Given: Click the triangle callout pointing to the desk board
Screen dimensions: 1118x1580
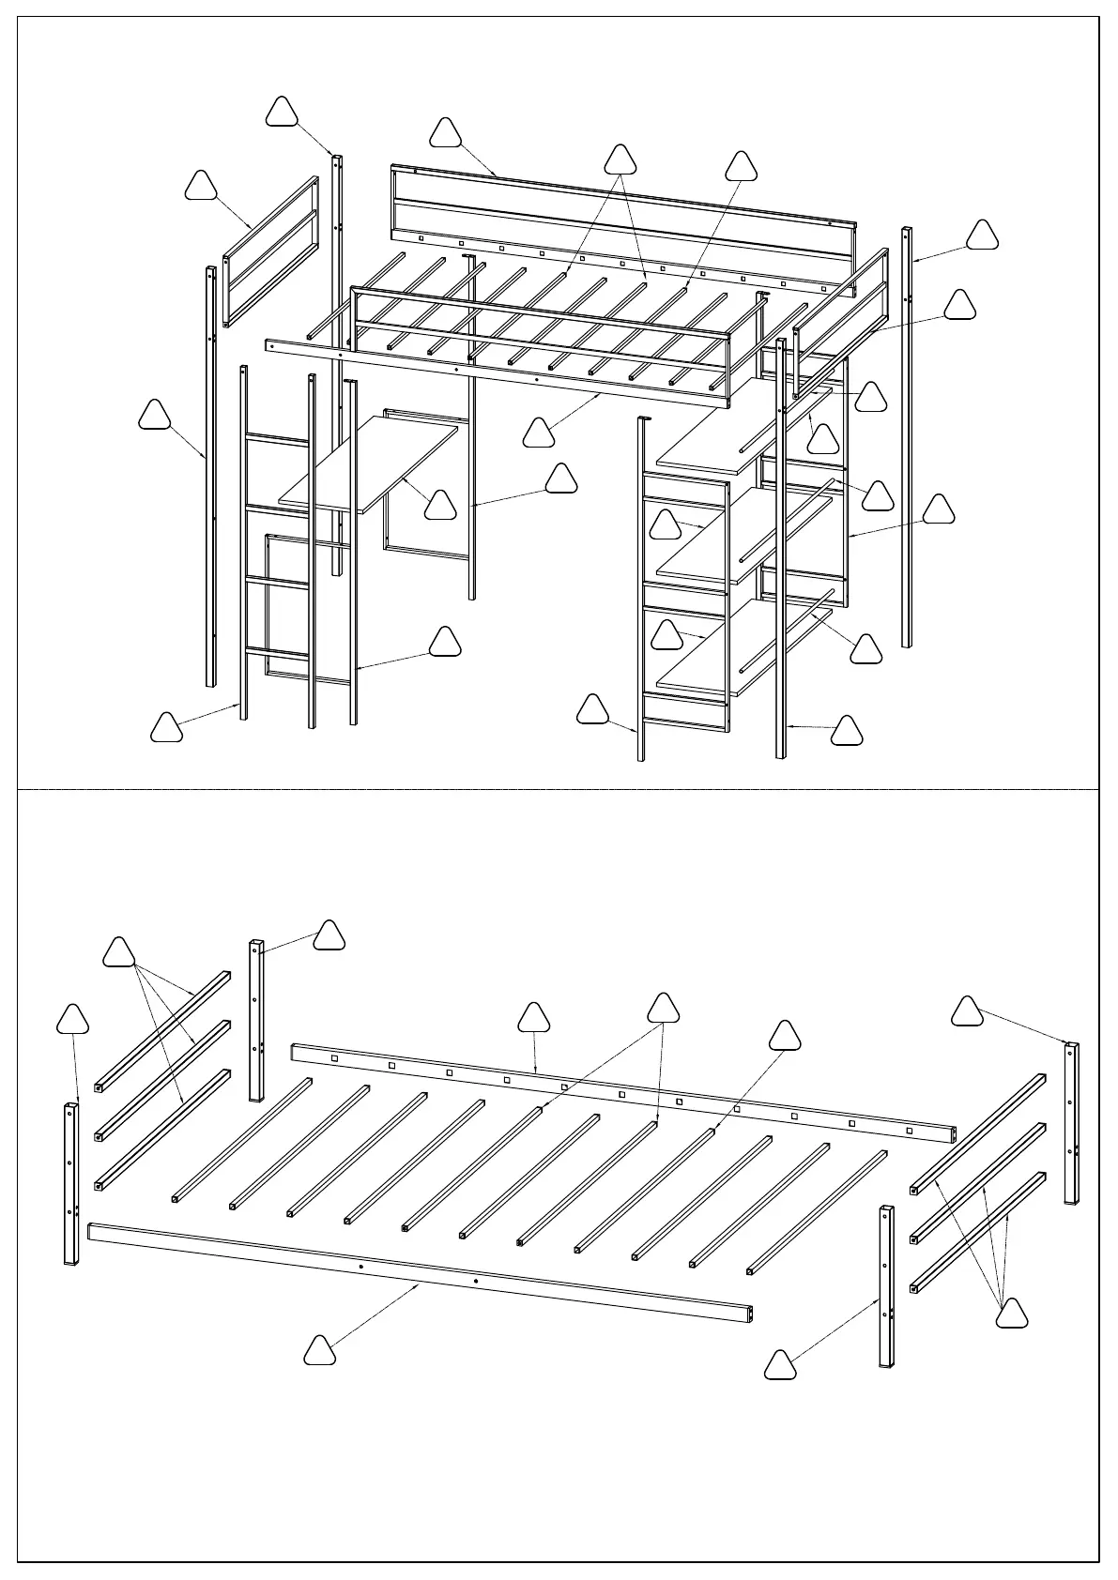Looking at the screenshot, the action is click(x=440, y=506).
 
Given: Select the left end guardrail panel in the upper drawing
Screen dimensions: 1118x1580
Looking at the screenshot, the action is click(x=270, y=250).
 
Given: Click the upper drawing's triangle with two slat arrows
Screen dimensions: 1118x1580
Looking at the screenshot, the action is click(x=620, y=160).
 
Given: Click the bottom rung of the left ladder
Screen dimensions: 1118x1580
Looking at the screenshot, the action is click(x=278, y=652).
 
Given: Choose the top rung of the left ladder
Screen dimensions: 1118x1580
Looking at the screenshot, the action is click(x=278, y=439).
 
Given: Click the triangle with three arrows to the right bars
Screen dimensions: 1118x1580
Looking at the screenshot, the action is click(x=1011, y=1314).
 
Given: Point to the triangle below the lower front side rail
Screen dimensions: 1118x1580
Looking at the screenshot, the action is click(x=320, y=1351).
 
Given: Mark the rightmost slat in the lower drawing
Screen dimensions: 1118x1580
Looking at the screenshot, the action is click(x=818, y=1211).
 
